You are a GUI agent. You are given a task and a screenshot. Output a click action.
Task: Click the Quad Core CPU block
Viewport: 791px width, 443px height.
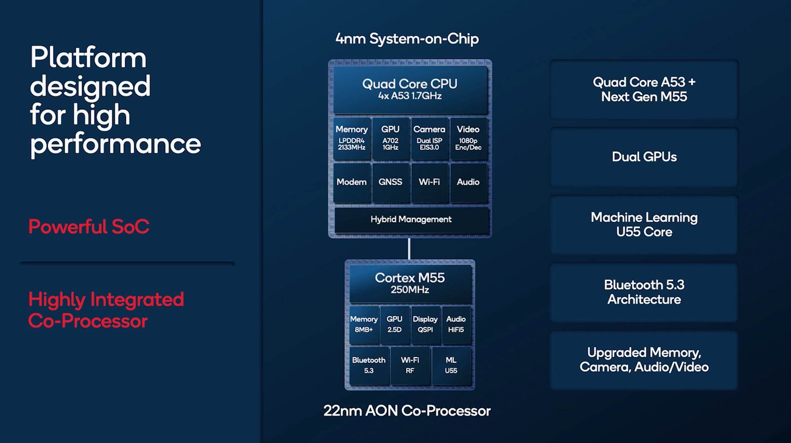click(x=410, y=90)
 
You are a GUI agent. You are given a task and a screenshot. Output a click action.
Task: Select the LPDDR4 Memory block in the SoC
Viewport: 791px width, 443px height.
click(x=351, y=138)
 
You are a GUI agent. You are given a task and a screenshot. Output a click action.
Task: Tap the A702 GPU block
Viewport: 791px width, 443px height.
click(x=390, y=138)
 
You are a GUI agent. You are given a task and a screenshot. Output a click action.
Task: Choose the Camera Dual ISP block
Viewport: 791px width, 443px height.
click(x=429, y=138)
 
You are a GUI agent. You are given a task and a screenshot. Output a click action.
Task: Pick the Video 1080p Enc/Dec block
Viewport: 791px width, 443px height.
click(x=468, y=138)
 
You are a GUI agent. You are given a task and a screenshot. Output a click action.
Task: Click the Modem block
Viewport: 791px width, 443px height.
click(x=351, y=182)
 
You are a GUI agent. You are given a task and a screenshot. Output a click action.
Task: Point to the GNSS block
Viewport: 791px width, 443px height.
click(x=390, y=182)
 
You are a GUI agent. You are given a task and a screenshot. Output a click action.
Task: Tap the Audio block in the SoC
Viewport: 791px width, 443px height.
click(x=468, y=182)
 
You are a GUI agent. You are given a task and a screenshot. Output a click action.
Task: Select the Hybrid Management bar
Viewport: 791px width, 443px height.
click(x=411, y=220)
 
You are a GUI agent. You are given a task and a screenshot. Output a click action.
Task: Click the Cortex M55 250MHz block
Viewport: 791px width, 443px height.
click(x=410, y=283)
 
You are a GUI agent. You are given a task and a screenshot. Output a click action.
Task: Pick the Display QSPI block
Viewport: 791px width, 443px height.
click(x=425, y=324)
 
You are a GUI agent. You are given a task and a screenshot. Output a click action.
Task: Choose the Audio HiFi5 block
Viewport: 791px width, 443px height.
click(x=456, y=324)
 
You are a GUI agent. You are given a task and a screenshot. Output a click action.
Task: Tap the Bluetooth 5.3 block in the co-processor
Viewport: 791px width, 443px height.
click(x=368, y=365)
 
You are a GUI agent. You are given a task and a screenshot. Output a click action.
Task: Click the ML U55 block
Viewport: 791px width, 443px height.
click(x=451, y=365)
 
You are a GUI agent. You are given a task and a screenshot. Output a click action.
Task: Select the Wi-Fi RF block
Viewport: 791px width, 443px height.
click(x=410, y=365)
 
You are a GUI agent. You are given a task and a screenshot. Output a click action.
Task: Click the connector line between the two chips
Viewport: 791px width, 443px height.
click(x=409, y=249)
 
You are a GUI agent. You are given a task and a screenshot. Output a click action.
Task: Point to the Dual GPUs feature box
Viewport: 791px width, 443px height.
click(x=644, y=157)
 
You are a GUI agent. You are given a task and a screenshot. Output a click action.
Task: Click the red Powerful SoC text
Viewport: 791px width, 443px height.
click(x=89, y=227)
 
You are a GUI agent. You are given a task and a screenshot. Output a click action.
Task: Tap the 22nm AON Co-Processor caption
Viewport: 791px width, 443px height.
click(x=407, y=411)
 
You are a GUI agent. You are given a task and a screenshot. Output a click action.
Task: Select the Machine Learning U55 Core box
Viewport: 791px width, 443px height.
click(x=644, y=225)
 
